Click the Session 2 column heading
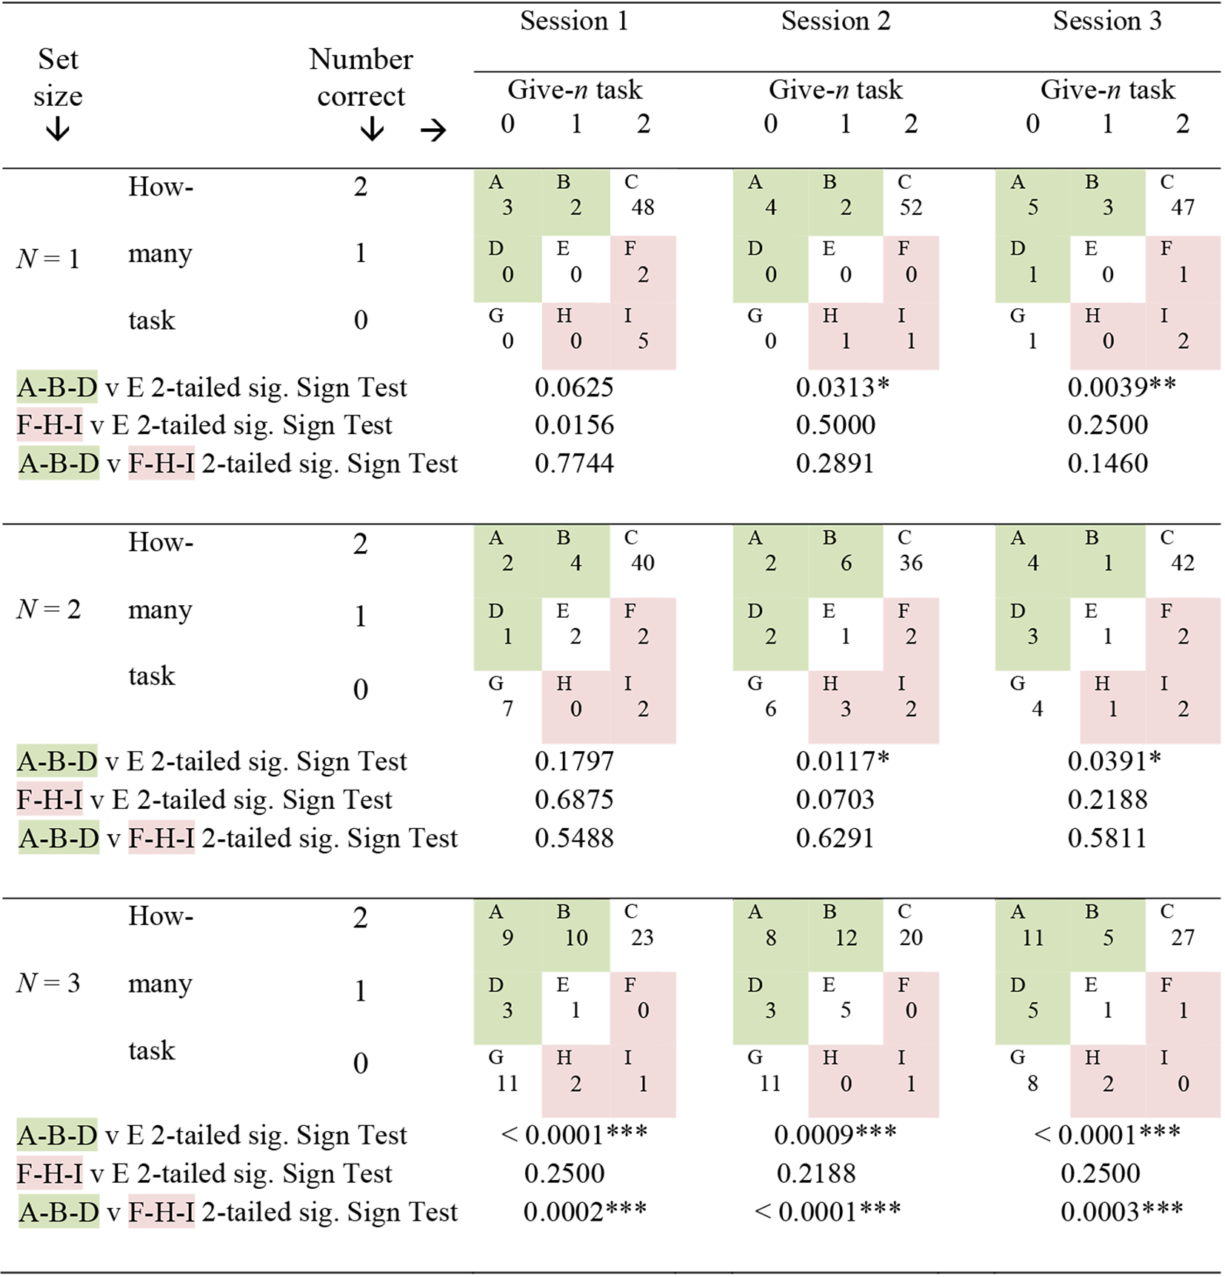(835, 21)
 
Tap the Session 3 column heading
(1107, 21)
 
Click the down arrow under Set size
(58, 130)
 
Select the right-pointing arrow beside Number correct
(433, 131)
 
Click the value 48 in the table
(643, 207)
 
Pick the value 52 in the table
(911, 207)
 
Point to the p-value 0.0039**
(1121, 387)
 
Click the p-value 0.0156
(574, 425)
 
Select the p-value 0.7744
(574, 464)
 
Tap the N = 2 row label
(48, 609)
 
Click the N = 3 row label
(48, 983)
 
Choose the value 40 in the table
(643, 563)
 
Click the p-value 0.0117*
(842, 761)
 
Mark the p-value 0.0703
(835, 800)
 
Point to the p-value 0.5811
(1107, 838)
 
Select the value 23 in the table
(642, 938)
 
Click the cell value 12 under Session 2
(846, 938)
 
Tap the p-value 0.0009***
(835, 1134)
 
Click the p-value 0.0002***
(585, 1212)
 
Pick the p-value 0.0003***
(1121, 1212)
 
